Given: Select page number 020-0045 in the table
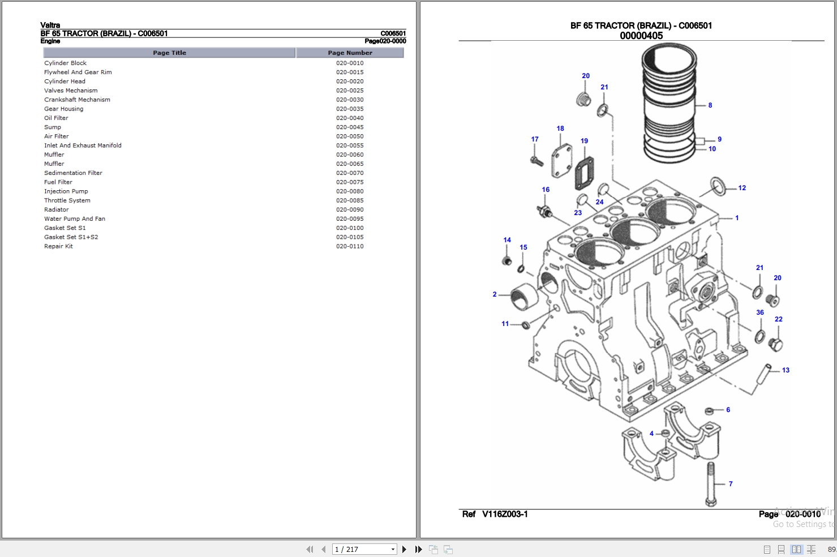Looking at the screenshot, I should click(x=350, y=127).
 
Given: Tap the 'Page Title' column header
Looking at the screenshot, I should click(x=169, y=53).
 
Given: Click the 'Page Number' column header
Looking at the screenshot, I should click(x=350, y=53).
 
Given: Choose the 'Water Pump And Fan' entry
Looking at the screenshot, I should click(x=75, y=219).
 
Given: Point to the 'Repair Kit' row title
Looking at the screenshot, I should click(x=58, y=246).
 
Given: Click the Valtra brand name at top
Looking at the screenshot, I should click(x=50, y=25).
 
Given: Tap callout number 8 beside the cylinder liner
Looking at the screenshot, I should click(x=710, y=105).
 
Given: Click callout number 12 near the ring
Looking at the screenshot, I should click(x=742, y=188).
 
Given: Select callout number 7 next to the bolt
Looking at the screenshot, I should click(x=731, y=484).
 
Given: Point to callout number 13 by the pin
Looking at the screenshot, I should click(x=786, y=370).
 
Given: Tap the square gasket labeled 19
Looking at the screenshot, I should click(x=584, y=172).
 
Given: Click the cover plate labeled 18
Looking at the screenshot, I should click(x=561, y=161).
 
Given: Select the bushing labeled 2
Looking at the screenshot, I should click(x=522, y=298).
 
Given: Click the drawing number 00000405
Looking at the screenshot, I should click(x=641, y=36).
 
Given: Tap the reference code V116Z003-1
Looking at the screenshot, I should click(x=505, y=514).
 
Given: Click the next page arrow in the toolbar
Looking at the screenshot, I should click(x=404, y=549).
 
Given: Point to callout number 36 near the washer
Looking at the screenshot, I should click(x=760, y=312).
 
